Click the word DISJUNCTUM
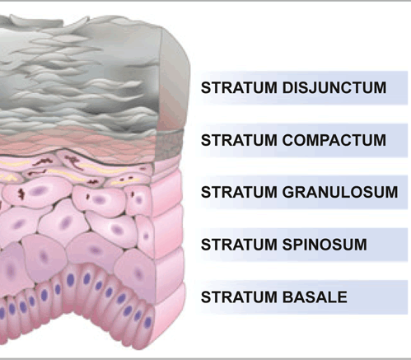coord(334,88)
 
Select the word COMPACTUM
coord(334,140)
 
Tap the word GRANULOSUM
coord(340,192)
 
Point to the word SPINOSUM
coord(325,245)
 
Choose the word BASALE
coord(315,297)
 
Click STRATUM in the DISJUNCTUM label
coord(239,88)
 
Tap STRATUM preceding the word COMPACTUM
coord(239,140)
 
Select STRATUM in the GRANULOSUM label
coord(239,192)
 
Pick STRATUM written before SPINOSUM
coord(239,245)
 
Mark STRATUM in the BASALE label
coord(239,297)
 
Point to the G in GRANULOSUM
coord(288,192)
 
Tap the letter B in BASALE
coord(288,297)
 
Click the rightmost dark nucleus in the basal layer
coord(148,322)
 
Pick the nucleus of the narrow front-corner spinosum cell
coord(146,236)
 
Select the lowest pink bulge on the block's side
coord(170,316)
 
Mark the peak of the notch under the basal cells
coord(73,311)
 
